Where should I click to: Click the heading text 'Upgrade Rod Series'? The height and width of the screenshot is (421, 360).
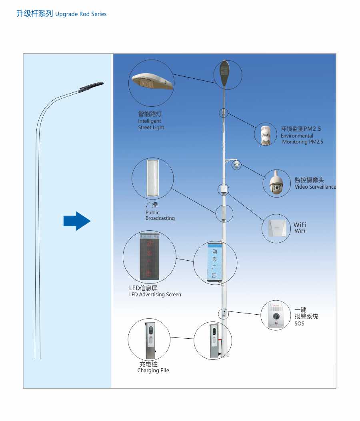coord(81,14)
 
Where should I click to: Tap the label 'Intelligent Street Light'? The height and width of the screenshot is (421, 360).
coord(151,124)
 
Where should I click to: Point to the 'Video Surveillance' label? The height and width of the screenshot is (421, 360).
coord(315,187)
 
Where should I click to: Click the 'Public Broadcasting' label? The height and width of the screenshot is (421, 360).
coord(160,215)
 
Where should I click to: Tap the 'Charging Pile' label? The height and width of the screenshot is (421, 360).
coord(153,370)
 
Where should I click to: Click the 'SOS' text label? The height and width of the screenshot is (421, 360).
coord(299,323)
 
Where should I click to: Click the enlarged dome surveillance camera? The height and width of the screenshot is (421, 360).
coord(276,183)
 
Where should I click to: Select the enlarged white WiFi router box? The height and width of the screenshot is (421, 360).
coord(276,228)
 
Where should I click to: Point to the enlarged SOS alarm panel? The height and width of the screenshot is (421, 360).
coord(276,315)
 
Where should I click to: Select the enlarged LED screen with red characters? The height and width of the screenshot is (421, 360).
coord(149,257)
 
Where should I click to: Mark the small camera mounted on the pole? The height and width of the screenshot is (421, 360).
coord(237,164)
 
